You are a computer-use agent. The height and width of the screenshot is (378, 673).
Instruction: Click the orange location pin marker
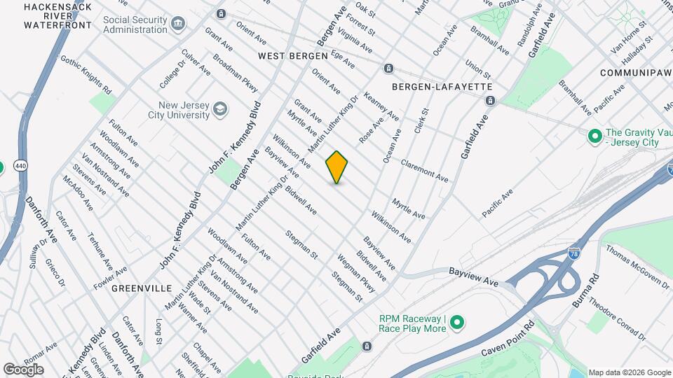click(x=336, y=167)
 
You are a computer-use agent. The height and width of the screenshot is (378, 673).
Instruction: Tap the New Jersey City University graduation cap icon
click(x=221, y=108)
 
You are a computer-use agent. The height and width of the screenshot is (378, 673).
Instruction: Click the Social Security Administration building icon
click(x=179, y=24)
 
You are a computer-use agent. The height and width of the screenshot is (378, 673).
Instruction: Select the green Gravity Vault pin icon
click(x=594, y=135)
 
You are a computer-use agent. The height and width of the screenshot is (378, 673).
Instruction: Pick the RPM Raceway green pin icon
click(x=458, y=323)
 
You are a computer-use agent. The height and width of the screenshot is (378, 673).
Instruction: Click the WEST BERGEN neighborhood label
click(x=292, y=55)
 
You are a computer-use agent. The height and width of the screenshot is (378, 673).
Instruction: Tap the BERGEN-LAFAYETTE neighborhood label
click(x=433, y=86)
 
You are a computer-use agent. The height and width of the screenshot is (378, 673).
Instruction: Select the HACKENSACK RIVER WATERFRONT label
click(x=57, y=15)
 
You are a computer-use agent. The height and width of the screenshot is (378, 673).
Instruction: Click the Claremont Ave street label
click(x=424, y=171)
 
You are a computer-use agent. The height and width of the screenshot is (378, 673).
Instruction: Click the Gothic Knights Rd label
click(x=86, y=75)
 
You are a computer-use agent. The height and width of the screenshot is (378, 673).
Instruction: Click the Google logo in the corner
click(x=23, y=369)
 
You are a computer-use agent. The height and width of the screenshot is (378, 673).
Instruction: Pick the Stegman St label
click(x=301, y=245)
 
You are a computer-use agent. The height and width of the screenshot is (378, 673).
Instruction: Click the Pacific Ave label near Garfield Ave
click(x=497, y=202)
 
